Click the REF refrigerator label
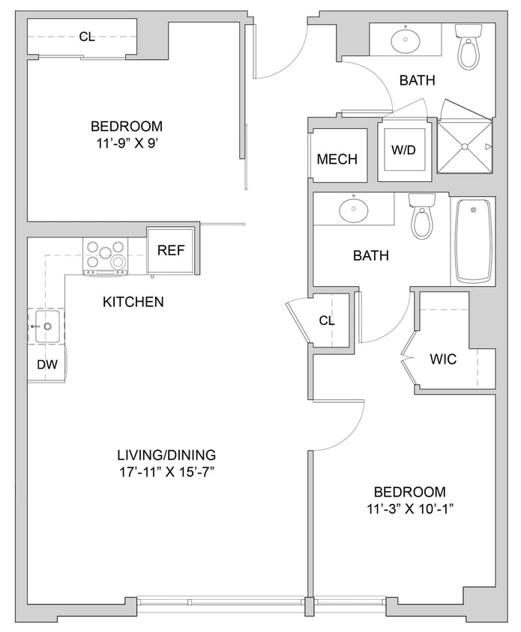(171, 251)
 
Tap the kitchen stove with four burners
(105, 255)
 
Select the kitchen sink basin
(46, 327)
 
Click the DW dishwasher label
(46, 365)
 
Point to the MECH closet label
(337, 159)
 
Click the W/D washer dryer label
(403, 150)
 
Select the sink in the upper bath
(406, 41)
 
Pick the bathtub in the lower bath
(473, 240)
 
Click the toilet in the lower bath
(422, 216)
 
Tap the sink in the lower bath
(353, 210)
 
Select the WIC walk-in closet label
(443, 359)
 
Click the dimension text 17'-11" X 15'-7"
(166, 472)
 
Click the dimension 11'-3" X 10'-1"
(409, 509)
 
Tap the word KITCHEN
(133, 303)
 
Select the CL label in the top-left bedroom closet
(87, 36)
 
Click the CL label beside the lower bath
(327, 320)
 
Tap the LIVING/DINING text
(166, 455)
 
